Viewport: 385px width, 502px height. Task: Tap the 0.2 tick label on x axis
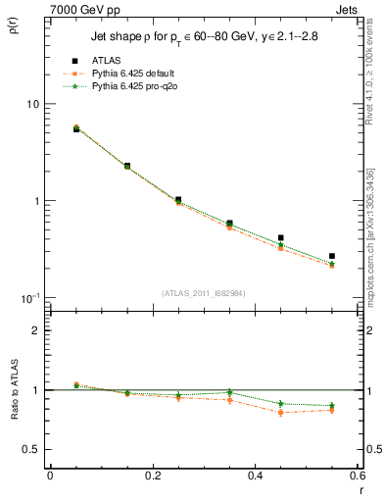click(152, 476)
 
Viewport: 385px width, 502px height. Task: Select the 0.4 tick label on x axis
click(255, 476)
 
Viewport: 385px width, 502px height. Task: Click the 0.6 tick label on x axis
click(357, 476)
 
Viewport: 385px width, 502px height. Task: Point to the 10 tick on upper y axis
click(34, 104)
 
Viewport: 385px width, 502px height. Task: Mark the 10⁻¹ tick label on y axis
click(30, 297)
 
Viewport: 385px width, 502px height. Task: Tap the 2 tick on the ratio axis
click(37, 330)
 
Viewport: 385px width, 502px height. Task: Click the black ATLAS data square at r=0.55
click(332, 256)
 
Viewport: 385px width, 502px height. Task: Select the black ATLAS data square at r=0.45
click(280, 237)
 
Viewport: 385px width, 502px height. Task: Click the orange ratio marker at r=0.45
click(280, 413)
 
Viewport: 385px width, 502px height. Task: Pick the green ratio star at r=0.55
click(332, 405)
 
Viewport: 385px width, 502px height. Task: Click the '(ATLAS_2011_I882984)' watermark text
click(203, 292)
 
